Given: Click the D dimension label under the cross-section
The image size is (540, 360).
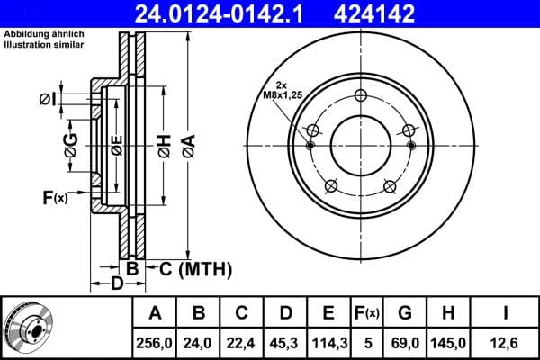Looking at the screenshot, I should (116, 285).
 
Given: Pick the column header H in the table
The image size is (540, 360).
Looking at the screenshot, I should (447, 313).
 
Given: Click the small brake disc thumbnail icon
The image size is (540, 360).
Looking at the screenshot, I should (27, 328).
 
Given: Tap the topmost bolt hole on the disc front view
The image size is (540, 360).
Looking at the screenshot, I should (361, 97).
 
